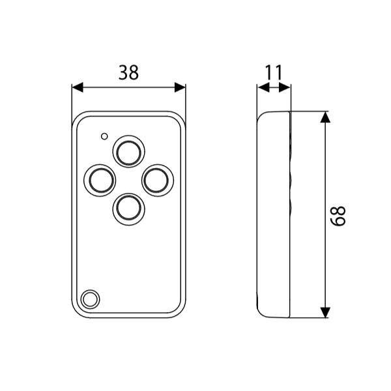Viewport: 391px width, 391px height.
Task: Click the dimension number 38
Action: [128, 72]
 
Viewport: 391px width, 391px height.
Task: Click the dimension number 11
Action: [273, 72]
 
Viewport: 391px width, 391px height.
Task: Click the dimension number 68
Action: [338, 216]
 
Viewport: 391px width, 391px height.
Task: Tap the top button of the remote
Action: [128, 151]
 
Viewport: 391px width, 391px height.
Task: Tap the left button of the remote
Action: [100, 181]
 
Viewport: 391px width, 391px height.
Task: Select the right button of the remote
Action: [158, 181]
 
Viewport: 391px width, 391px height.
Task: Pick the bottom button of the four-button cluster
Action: [128, 209]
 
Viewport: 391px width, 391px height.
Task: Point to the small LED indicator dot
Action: [104, 136]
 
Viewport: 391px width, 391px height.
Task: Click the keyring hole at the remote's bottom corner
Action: [90, 299]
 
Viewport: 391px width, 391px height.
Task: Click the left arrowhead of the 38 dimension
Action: [78, 87]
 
